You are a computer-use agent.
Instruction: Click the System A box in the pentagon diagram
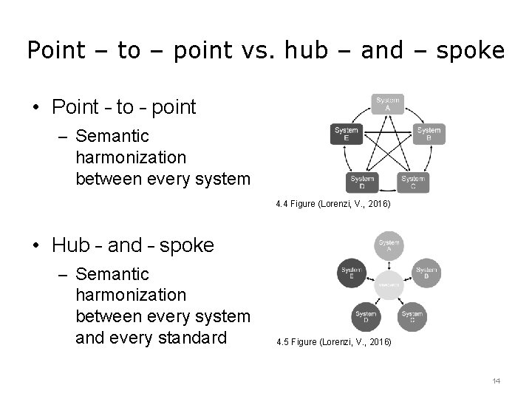point(387,105)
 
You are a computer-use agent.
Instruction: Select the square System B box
point(429,134)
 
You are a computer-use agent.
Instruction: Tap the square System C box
point(413,182)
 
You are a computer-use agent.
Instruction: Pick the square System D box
point(362,182)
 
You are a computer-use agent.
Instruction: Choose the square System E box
point(347,134)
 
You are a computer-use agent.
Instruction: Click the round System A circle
point(389,245)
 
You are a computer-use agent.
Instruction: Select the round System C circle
point(412,318)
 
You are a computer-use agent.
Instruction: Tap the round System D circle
point(365,318)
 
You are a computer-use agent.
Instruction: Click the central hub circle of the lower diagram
point(389,285)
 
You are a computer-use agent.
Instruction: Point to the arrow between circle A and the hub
point(389,265)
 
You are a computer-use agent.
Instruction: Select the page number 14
point(496,381)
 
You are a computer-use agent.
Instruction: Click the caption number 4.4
point(281,202)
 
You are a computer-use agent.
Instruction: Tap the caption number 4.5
point(281,343)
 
